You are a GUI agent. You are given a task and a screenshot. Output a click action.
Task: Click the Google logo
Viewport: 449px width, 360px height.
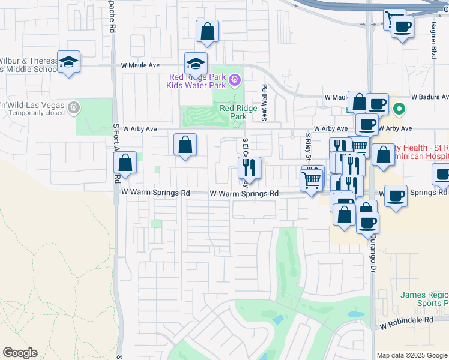(x=20, y=353)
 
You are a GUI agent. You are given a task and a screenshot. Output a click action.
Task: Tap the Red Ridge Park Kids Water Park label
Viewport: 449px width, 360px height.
(x=197, y=81)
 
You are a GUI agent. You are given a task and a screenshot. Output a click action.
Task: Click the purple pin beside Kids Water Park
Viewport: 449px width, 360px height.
(x=235, y=79)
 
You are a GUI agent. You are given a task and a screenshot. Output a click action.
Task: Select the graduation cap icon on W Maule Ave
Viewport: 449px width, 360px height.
(x=196, y=62)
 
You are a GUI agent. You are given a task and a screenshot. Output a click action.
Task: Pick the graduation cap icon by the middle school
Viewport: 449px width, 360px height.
(x=69, y=61)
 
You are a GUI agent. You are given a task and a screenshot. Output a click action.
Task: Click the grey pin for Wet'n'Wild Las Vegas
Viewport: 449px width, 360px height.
(x=74, y=107)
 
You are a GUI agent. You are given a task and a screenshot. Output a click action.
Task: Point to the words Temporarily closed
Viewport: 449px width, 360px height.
(x=37, y=113)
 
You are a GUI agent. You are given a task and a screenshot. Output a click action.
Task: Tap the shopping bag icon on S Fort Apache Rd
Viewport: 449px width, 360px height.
(x=125, y=163)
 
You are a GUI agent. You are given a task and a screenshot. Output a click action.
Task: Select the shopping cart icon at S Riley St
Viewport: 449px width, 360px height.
(x=311, y=178)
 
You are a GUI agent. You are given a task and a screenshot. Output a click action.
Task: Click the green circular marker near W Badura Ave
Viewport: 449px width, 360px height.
(x=398, y=109)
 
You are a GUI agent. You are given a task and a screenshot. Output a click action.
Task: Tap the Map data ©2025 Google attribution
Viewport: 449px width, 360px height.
(x=411, y=355)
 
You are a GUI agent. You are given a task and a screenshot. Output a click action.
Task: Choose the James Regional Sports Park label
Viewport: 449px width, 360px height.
(x=424, y=299)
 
